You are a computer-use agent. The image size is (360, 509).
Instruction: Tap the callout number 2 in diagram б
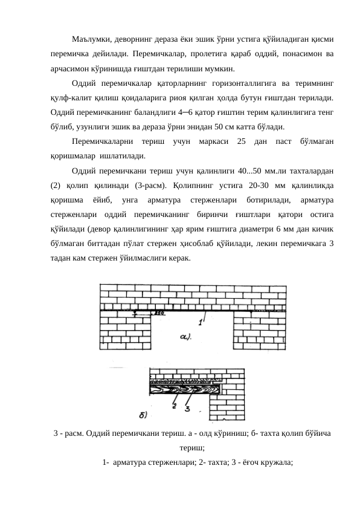(173, 406)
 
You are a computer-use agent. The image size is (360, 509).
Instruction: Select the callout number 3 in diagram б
(187, 409)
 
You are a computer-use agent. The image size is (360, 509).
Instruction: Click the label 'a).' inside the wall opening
(184, 336)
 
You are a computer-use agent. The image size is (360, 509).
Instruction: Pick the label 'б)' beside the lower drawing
(143, 415)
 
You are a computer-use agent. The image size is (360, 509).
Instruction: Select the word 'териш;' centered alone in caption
(193, 448)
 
